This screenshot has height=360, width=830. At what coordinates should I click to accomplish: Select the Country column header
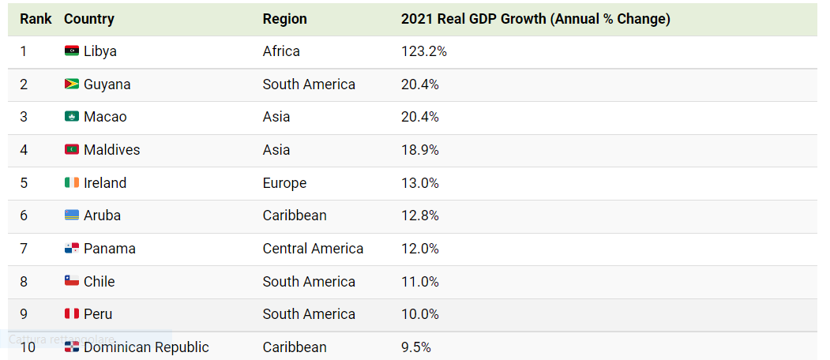coord(88,19)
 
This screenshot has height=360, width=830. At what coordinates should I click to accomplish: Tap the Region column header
coord(284,19)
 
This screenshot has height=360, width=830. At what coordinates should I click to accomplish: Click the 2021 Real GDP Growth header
coord(535,19)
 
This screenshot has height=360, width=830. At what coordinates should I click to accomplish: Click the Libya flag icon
coord(71,51)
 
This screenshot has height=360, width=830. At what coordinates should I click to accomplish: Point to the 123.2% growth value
coord(423,51)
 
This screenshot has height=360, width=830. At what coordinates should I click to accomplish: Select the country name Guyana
coord(107,84)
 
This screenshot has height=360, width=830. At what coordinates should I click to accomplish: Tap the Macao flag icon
coord(71,117)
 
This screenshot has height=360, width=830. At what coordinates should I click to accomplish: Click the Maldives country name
coord(111,150)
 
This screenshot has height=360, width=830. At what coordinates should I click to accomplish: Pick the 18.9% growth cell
coord(420,150)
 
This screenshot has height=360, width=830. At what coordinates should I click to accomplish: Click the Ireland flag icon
coord(71,183)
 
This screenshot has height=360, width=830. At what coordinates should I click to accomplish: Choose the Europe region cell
coord(284,183)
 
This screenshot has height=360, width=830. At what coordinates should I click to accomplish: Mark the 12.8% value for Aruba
coord(420,216)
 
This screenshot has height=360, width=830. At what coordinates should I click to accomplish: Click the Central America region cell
coord(313,249)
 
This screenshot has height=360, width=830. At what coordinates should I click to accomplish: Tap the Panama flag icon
coord(71,249)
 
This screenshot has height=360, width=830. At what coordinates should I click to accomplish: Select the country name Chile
coord(99,282)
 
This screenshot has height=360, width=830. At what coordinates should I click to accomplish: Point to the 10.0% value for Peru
coord(420,314)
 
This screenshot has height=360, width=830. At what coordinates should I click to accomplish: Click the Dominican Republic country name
coord(146,347)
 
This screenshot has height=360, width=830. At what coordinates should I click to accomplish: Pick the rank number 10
coord(28,347)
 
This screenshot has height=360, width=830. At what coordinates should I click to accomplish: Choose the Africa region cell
coord(281,51)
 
